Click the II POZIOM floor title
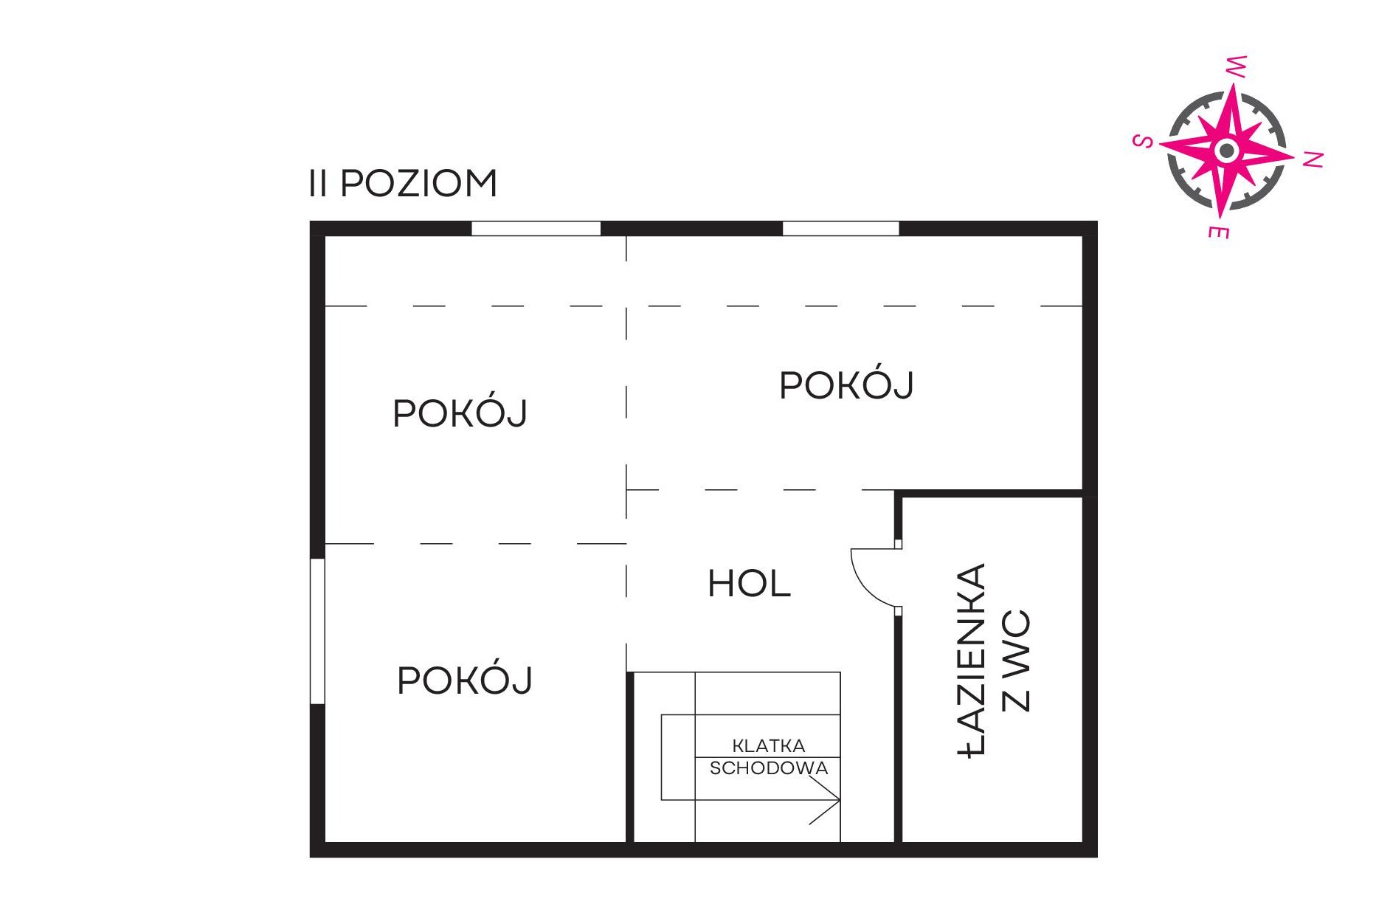[x=404, y=183]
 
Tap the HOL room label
[x=749, y=584]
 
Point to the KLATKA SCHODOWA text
[x=769, y=756]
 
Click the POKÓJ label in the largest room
[x=846, y=385]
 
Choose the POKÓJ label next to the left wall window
[x=465, y=680]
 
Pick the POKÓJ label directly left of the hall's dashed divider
[x=460, y=413]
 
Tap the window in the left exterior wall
[x=317, y=631]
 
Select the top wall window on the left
[x=536, y=228]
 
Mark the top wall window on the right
[x=841, y=228]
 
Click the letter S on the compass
[x=1143, y=141]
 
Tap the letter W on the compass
[x=1237, y=66]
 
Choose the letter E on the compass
[x=1218, y=232]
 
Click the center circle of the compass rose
[x=1227, y=151]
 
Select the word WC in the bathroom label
[x=1016, y=661]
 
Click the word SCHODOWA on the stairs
[x=769, y=768]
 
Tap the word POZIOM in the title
[x=419, y=183]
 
